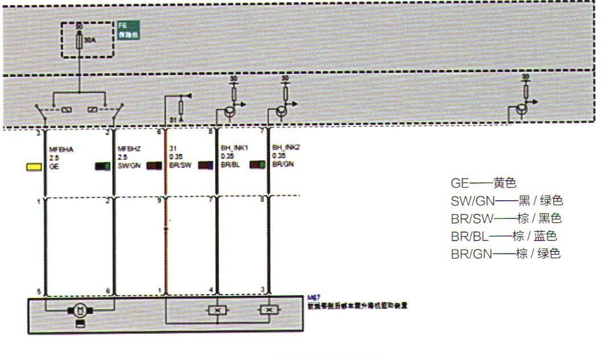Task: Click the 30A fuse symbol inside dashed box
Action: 79,40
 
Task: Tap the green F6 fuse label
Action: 128,30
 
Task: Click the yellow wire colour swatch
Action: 34,167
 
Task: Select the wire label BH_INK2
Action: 286,147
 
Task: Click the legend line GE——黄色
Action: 483,184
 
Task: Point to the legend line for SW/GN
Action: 507,201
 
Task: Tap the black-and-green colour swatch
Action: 102,167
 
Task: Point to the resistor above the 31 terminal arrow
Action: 181,106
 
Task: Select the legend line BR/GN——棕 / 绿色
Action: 506,254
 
